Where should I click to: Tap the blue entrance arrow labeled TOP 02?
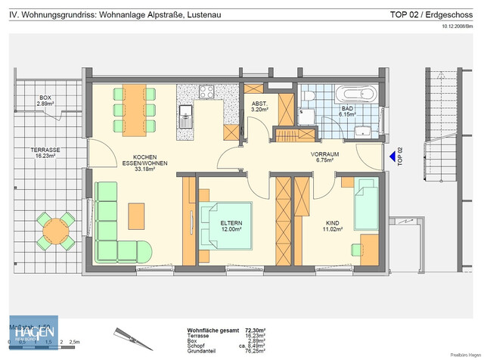point(391,157)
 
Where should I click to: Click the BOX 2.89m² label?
point(45,100)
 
